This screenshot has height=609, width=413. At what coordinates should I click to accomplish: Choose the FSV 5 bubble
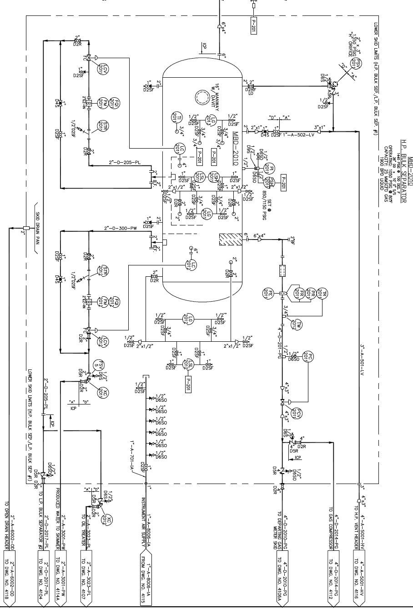97,364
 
